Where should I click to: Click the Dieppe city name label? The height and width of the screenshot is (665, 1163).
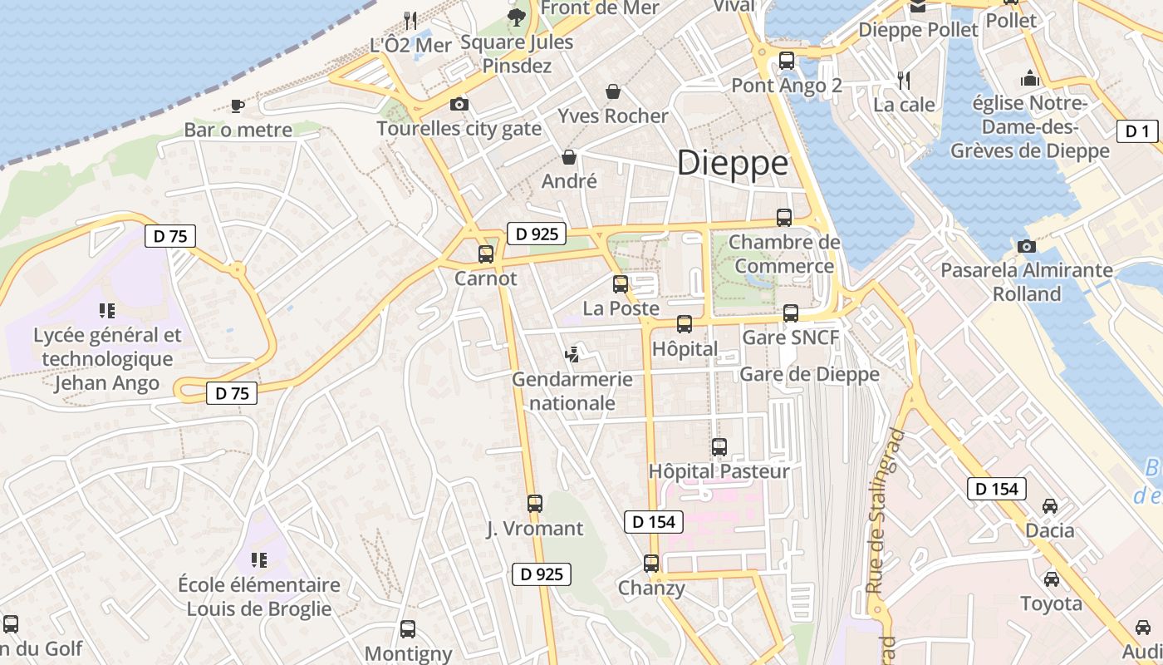(732, 163)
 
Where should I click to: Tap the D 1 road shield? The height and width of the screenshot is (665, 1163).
(1137, 131)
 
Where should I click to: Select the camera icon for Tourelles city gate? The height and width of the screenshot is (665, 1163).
(459, 104)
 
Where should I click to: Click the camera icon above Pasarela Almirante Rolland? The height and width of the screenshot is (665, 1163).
(1026, 246)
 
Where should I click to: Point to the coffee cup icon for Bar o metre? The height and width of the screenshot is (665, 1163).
(238, 106)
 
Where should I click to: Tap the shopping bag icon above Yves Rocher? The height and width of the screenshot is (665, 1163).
(613, 91)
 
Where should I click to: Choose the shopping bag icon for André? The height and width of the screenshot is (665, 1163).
(569, 156)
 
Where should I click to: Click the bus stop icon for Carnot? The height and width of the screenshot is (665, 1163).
(486, 254)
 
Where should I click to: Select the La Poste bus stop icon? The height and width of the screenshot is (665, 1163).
(621, 284)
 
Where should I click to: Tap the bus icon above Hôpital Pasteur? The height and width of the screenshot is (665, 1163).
(719, 447)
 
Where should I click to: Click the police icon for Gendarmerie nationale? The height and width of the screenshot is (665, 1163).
(572, 355)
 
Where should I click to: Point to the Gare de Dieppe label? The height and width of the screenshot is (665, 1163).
(809, 374)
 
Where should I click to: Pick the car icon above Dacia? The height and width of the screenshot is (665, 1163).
(1050, 506)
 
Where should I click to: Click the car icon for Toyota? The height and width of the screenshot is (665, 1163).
(1051, 579)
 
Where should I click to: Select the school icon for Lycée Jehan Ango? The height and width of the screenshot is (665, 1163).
(107, 311)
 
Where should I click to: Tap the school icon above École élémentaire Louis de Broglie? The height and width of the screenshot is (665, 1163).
(258, 560)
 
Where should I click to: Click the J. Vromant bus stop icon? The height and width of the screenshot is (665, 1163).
(535, 504)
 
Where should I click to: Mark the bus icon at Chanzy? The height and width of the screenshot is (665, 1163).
(651, 564)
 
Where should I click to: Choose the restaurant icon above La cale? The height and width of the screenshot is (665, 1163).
(905, 80)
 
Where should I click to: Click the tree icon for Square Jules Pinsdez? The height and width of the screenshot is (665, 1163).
(517, 17)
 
